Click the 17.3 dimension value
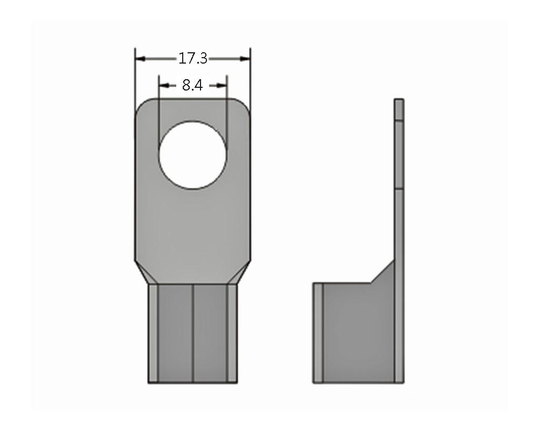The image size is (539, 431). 193,58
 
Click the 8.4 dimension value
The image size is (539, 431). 192,85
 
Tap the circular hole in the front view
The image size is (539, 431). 192,155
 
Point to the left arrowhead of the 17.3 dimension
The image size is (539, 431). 141,59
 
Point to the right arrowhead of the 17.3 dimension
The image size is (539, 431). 244,59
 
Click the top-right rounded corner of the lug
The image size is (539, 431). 244,105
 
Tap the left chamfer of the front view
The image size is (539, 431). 142,272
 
